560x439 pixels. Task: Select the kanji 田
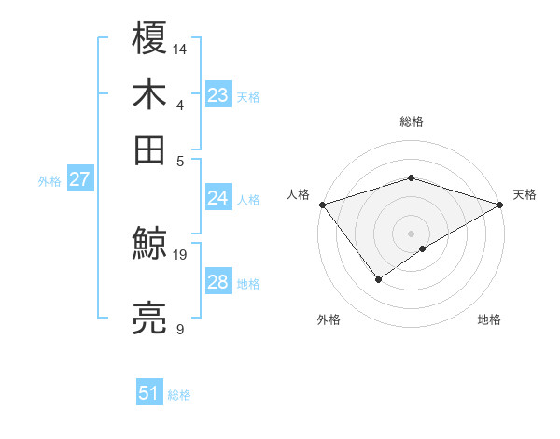[x=150, y=149]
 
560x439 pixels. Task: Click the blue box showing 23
[x=218, y=95]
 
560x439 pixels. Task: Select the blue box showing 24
[x=218, y=198]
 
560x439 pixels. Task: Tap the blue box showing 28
[x=218, y=282]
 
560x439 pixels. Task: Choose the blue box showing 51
[x=149, y=393]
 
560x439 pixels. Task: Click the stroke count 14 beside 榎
[x=181, y=47]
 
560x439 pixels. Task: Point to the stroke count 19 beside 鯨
[x=181, y=254]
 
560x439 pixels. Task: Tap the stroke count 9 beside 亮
[x=179, y=329]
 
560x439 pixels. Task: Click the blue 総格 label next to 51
[x=179, y=395]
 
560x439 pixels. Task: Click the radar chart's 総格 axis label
[x=411, y=122]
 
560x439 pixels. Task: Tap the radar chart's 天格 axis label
[x=525, y=194]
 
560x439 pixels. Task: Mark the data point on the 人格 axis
[x=322, y=204]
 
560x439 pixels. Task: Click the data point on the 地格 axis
[x=424, y=248]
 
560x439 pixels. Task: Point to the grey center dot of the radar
[x=411, y=233]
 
